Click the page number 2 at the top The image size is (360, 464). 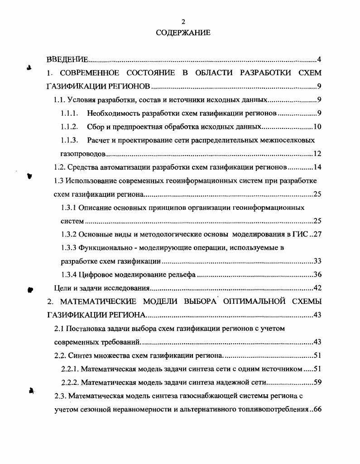[183, 21]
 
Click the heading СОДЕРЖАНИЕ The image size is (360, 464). [183, 33]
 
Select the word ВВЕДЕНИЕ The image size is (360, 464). [67, 60]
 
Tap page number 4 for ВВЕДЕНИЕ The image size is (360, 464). [319, 60]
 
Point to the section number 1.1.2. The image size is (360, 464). [70, 127]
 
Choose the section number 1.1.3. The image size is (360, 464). [70, 140]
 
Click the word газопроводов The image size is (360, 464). [83, 154]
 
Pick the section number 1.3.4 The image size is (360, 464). [69, 275]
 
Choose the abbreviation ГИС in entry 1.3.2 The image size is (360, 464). [299, 234]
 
